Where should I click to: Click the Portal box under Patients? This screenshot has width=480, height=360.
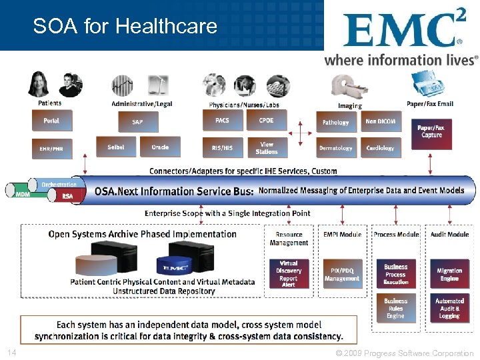click(x=51, y=121)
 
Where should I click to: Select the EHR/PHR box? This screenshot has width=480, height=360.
click(x=51, y=148)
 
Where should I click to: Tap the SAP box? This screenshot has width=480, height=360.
click(x=138, y=121)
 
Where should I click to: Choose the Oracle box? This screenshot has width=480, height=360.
click(x=160, y=147)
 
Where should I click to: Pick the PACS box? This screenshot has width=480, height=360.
click(x=222, y=121)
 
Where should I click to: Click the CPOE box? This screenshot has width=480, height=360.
click(x=266, y=121)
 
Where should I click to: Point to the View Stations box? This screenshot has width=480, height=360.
click(x=266, y=147)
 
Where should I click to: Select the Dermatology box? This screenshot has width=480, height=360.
click(x=335, y=147)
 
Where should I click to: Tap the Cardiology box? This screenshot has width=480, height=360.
click(x=380, y=147)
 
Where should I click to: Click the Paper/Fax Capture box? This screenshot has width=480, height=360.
click(x=431, y=131)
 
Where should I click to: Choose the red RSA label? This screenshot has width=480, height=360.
click(x=67, y=196)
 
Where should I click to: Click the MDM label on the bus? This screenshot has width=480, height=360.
click(x=23, y=194)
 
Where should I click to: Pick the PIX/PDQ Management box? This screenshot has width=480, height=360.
click(x=342, y=274)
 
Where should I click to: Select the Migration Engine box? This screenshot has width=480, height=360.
click(x=449, y=274)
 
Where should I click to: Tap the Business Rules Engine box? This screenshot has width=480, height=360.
click(x=395, y=308)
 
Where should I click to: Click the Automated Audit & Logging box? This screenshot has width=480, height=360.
click(x=449, y=308)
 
